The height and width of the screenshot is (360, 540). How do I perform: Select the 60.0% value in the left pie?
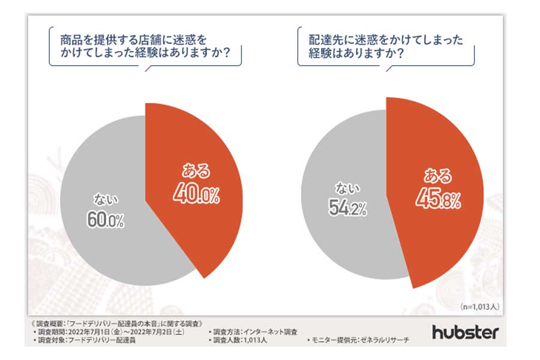[106, 219]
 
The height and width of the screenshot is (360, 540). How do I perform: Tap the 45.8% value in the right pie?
[438, 199]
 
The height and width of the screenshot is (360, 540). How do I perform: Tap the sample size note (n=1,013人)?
[479, 306]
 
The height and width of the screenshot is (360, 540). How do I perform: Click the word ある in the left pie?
[196, 171]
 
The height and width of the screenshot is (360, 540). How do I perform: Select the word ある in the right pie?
[437, 176]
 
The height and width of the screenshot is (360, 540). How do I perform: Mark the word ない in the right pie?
[344, 188]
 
